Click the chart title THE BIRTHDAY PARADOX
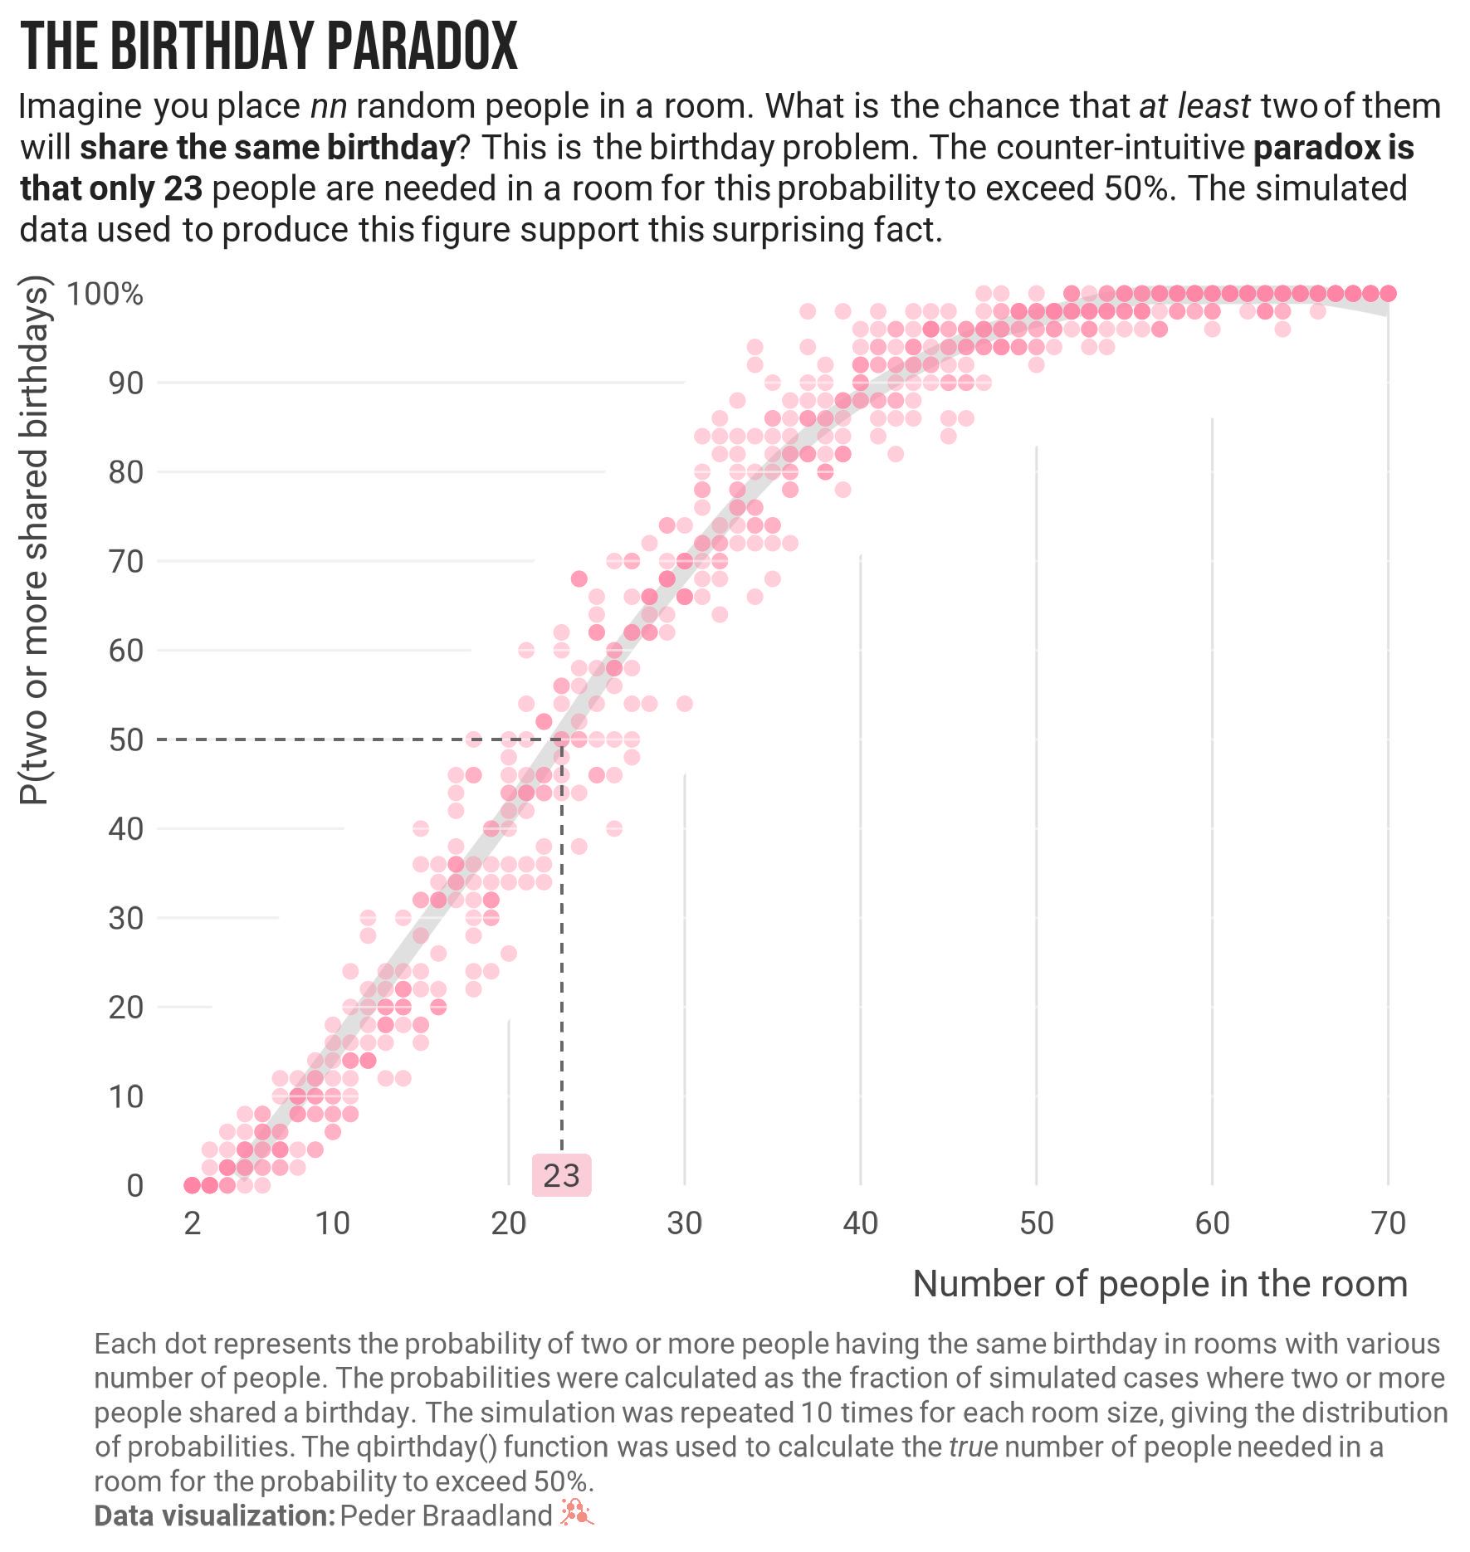[268, 46]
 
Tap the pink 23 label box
[561, 1175]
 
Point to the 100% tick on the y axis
[105, 294]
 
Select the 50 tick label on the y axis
[126, 739]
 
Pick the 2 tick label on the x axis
[193, 1223]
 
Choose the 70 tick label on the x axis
[1388, 1223]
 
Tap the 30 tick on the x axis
[684, 1223]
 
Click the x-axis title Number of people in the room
[1160, 1284]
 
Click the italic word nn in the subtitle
[329, 107]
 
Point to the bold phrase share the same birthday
[268, 148]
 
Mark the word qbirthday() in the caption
[427, 1447]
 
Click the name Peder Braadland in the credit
[446, 1515]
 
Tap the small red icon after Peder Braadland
[577, 1513]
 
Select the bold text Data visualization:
[214, 1515]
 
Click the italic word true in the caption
[973, 1447]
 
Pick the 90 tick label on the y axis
[126, 383]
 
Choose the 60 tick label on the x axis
[1212, 1223]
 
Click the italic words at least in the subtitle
[1194, 107]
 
